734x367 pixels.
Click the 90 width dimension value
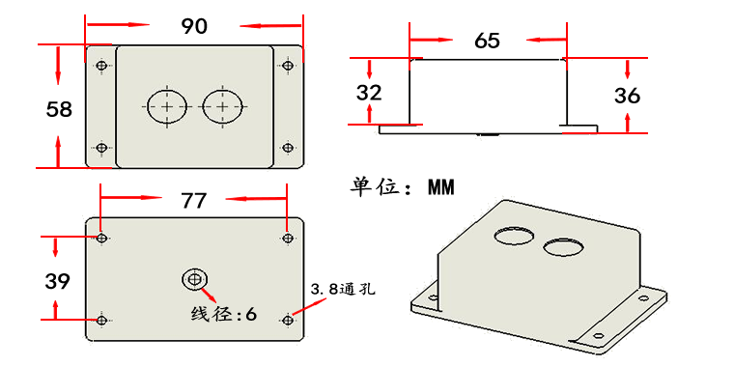click(x=194, y=26)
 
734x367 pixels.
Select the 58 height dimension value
click(x=59, y=109)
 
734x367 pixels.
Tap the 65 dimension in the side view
click(x=488, y=41)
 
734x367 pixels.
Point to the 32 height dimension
click(x=369, y=93)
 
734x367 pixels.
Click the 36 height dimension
click(x=627, y=95)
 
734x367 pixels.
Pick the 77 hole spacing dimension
click(x=194, y=200)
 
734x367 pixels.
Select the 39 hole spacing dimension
click(x=57, y=281)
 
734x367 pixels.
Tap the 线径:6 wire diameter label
click(x=224, y=314)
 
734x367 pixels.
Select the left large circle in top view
click(x=167, y=106)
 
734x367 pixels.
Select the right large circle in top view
click(x=222, y=106)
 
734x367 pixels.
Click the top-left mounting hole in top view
click(x=102, y=66)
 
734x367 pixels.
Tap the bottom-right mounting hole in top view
click(x=287, y=148)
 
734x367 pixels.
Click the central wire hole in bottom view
click(x=195, y=279)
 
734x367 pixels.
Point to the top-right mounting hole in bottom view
click(x=287, y=237)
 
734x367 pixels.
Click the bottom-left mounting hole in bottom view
click(x=101, y=320)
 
